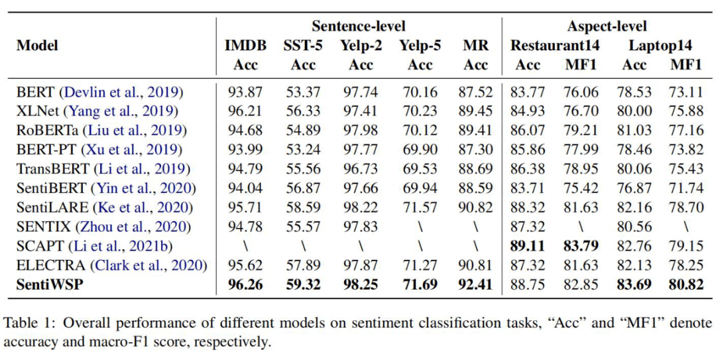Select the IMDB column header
click(x=245, y=46)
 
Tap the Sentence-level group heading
click(x=359, y=27)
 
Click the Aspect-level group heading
click(x=607, y=27)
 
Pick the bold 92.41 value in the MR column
click(x=476, y=284)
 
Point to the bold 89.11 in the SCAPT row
click(x=528, y=246)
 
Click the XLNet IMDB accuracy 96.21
click(x=245, y=111)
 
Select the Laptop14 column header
click(x=660, y=46)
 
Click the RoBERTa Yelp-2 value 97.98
click(x=361, y=130)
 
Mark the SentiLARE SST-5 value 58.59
click(x=304, y=208)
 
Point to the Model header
click(x=37, y=46)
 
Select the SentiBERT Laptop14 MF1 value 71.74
click(x=686, y=188)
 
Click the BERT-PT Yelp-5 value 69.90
click(x=420, y=150)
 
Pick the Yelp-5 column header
click(x=420, y=46)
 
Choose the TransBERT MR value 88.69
click(x=476, y=169)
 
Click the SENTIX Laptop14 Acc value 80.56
click(x=634, y=227)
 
